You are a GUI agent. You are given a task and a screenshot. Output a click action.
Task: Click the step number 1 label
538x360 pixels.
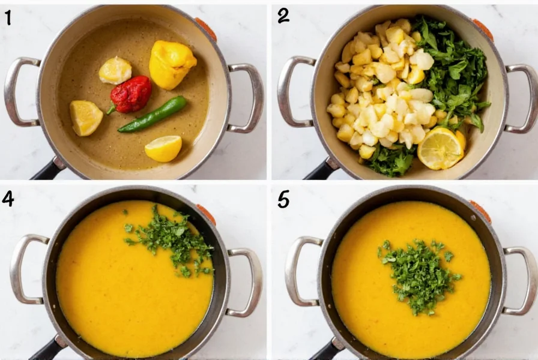pos(8,18)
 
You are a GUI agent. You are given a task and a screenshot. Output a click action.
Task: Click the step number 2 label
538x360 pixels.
pos(283,16)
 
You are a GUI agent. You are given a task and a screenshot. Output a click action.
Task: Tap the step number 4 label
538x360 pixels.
pos(8,198)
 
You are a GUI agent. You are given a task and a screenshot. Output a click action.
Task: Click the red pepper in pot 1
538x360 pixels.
pos(131,95)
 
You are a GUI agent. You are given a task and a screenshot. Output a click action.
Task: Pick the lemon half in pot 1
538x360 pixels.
pos(163,148)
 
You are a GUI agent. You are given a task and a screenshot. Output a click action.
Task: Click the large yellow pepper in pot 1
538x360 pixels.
pos(171,63)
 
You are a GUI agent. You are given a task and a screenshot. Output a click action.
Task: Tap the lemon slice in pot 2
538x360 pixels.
pos(440,148)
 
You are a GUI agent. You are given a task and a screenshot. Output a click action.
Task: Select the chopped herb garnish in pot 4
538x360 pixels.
pos(171,240)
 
